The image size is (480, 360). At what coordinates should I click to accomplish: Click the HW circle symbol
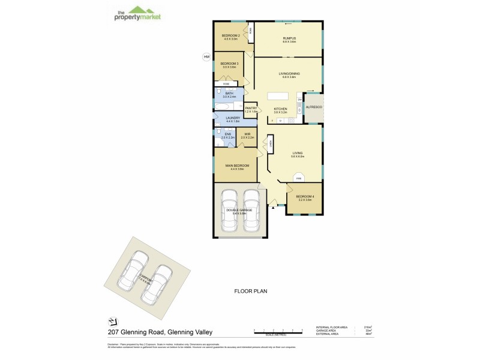pos(206,57)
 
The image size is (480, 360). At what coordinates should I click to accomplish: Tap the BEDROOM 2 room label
pos(231,36)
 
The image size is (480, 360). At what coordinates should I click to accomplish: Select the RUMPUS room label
pos(290,38)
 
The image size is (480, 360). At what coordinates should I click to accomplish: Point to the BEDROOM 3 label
pos(229,64)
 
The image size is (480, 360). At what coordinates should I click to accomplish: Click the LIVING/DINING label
pos(289,74)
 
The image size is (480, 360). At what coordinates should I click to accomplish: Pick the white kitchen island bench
pos(277,96)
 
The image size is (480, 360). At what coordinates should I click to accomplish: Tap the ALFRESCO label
pos(314,107)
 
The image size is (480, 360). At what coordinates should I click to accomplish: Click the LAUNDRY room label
pos(233,118)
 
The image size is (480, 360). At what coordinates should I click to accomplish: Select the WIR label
pos(247,134)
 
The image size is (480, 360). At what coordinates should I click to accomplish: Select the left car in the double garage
pos(229,210)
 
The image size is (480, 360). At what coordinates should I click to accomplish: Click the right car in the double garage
pos(251,210)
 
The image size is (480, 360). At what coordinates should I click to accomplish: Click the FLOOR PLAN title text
pos(250,291)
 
